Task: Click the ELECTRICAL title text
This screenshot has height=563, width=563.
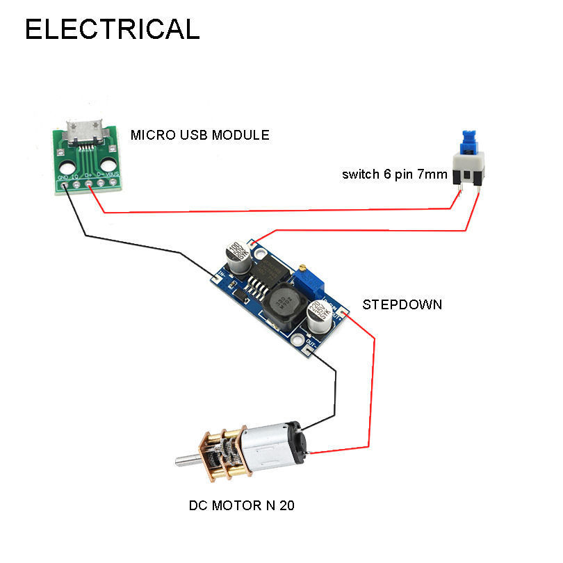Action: coord(112,29)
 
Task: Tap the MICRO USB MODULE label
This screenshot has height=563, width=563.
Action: coord(199,135)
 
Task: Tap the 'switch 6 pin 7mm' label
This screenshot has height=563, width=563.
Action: coord(394,174)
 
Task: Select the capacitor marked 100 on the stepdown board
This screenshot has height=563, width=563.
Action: coord(237,254)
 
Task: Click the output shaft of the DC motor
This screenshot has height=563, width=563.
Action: coord(187,459)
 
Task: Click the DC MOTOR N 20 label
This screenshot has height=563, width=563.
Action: coord(241,505)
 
